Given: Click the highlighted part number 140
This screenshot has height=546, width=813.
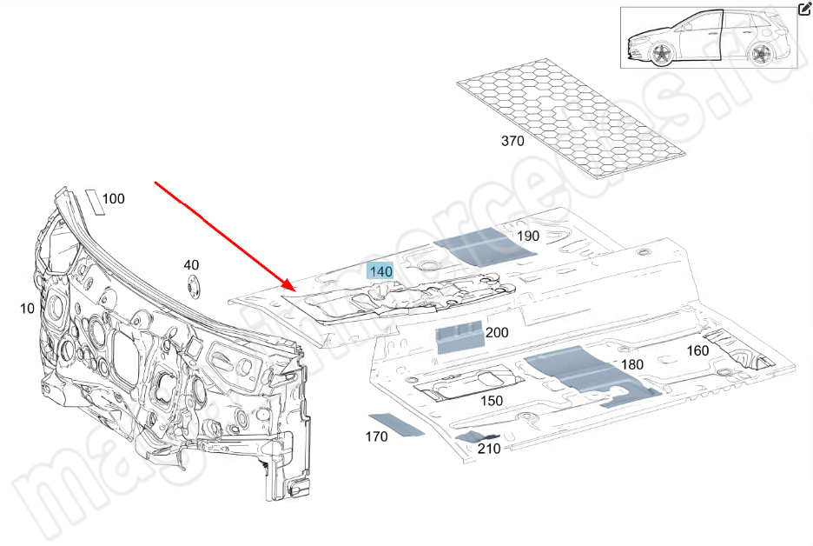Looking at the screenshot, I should point(381,271).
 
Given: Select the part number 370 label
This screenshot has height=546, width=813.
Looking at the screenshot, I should point(512,141).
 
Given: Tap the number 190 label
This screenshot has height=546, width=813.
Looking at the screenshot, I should point(527,236).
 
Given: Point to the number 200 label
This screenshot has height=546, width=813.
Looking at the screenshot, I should point(497,332).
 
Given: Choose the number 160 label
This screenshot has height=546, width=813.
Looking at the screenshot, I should point(697,350).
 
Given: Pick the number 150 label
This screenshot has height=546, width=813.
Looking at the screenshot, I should point(492,401).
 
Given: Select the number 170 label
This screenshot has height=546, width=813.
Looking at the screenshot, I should point(376,436).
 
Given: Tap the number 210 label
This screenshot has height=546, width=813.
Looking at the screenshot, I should point(489,449).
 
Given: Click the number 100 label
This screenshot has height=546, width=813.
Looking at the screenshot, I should point(114,199).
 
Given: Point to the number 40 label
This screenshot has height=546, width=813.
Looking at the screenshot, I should point(191,264).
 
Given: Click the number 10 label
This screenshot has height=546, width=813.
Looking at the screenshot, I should point(27,308).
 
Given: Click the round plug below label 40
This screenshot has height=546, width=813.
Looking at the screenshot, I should point(192,286).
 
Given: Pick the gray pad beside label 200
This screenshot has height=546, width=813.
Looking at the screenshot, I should point(459,336).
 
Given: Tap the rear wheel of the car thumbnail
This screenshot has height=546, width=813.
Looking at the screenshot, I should point(762,55).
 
